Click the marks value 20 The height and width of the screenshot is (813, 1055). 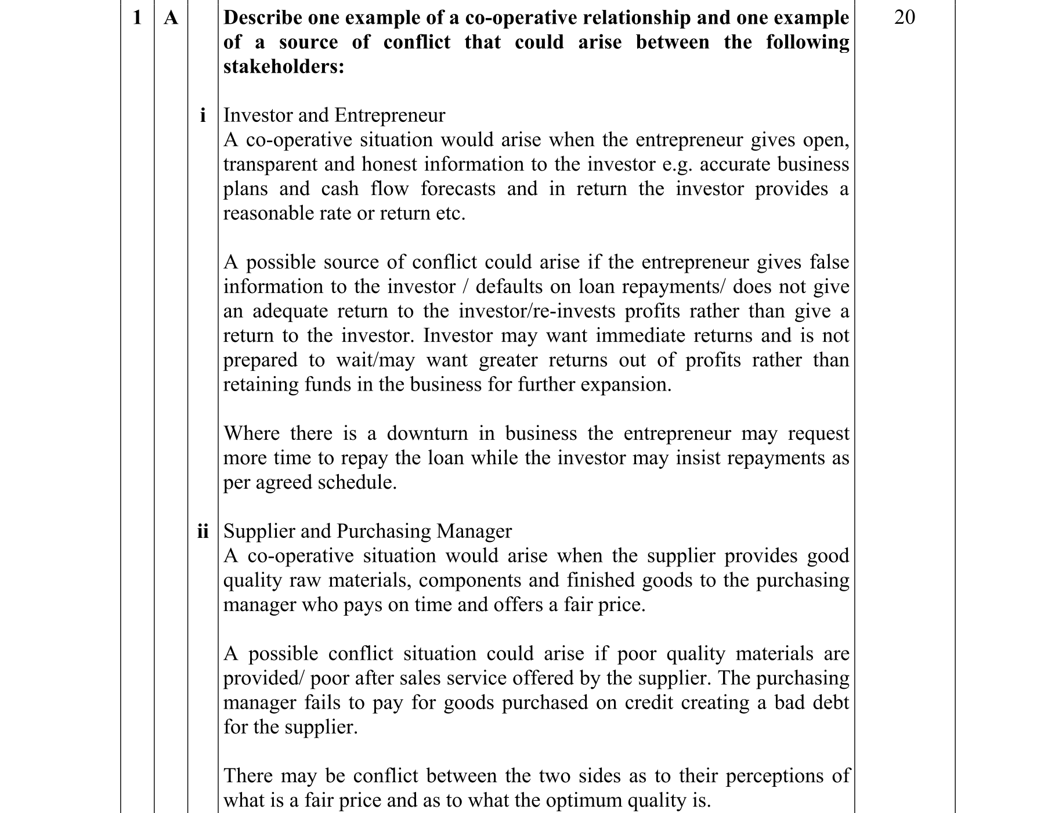904,17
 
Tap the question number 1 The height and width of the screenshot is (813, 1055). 137,18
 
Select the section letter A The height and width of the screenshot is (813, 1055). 171,18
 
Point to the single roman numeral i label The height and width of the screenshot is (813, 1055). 203,115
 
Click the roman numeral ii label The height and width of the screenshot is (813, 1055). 203,532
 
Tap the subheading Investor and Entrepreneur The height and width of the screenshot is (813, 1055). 334,115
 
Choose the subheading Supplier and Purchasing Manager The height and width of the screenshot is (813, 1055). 367,532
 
